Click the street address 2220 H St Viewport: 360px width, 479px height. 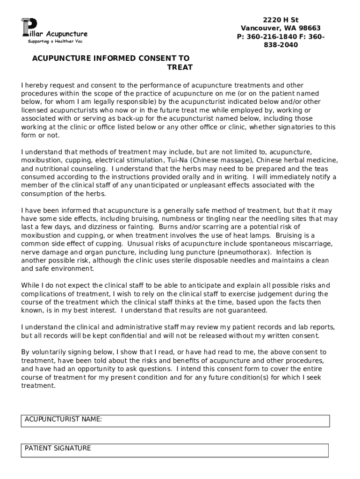tap(281, 20)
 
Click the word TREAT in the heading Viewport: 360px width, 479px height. tap(180, 67)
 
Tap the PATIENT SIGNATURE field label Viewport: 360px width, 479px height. tap(58, 448)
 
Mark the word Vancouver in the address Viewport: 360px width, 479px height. tap(260, 28)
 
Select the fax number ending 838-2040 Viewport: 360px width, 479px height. tap(281, 45)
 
